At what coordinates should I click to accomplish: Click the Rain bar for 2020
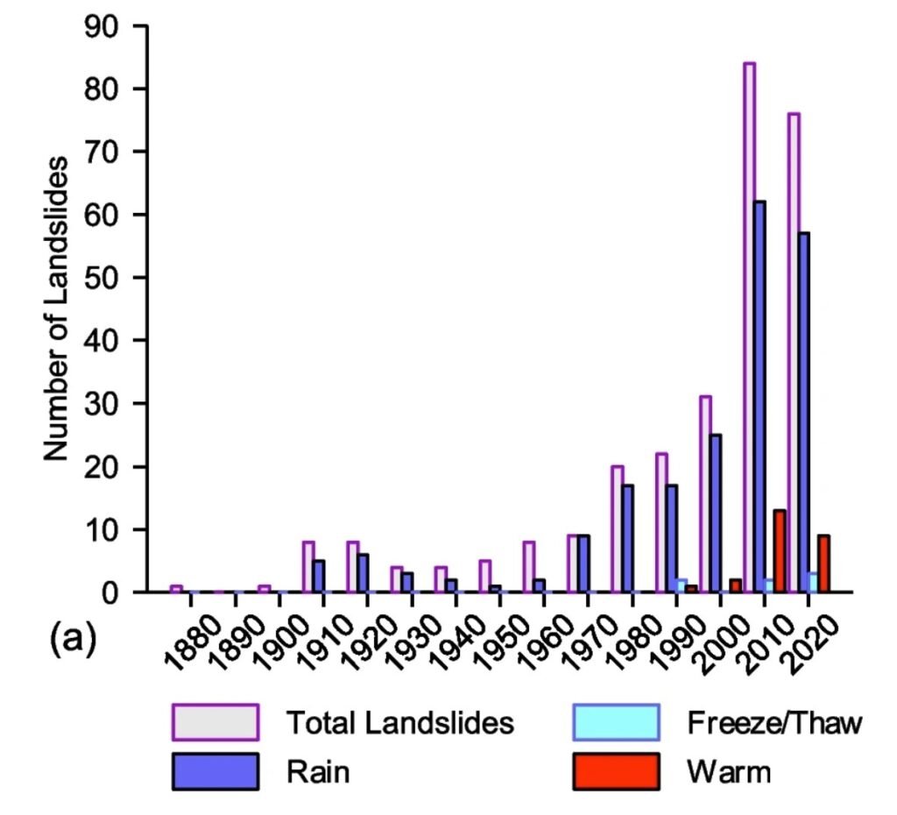click(803, 412)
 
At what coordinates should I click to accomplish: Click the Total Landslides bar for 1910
click(308, 566)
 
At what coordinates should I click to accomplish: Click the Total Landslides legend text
click(399, 723)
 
